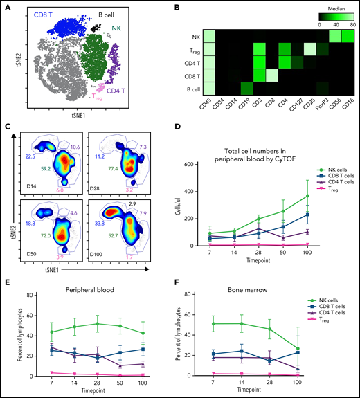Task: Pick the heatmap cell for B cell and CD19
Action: pyautogui.click(x=243, y=88)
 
